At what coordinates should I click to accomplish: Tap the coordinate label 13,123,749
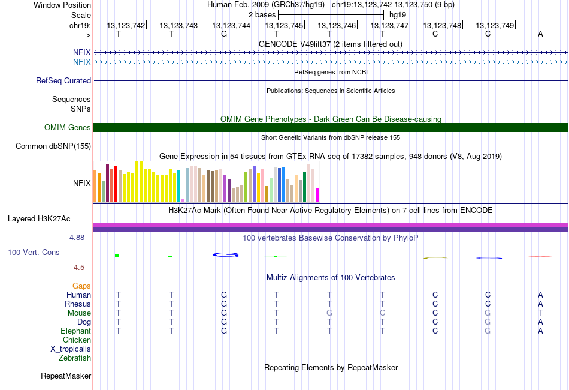click(495, 25)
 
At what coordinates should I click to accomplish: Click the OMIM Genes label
click(68, 127)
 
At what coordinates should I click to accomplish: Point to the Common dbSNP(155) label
click(53, 146)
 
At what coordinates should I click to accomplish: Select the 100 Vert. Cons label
click(34, 253)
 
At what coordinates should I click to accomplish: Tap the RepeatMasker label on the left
click(66, 376)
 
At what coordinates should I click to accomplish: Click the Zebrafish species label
click(75, 358)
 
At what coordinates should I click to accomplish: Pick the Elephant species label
click(75, 331)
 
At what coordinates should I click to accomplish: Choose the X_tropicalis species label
click(71, 349)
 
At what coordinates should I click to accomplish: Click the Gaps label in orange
click(81, 286)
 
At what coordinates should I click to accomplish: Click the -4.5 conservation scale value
click(78, 268)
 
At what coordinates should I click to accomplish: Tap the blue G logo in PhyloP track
click(225, 255)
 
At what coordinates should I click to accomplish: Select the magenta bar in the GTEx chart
click(317, 195)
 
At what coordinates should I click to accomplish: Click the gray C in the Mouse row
click(382, 313)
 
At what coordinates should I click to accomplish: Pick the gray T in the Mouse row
click(540, 313)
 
